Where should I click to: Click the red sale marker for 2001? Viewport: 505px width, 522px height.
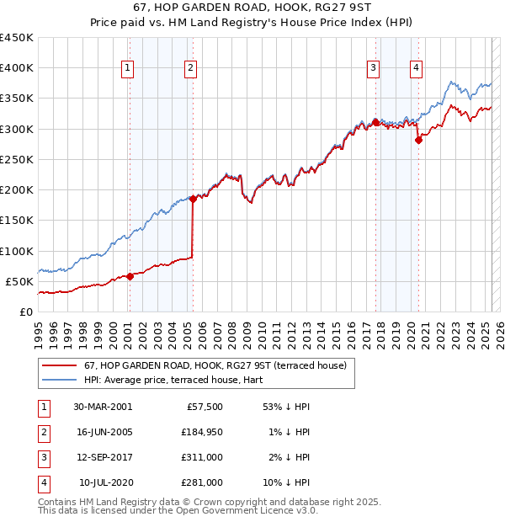(130, 276)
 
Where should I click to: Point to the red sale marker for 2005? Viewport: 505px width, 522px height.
(193, 199)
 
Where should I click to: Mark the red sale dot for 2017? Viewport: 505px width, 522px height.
(375, 122)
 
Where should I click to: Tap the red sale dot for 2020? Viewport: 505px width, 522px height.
(418, 141)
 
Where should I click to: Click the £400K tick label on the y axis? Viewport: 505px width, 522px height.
(17, 68)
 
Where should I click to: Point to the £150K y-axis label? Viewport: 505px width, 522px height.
(17, 220)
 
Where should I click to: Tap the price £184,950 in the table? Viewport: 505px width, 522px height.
(201, 432)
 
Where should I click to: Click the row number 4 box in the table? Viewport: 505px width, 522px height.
(43, 482)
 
